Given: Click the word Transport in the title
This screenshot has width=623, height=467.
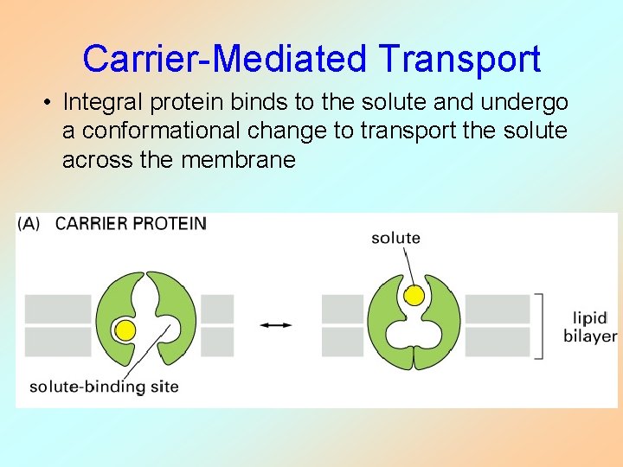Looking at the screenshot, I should pos(459,59).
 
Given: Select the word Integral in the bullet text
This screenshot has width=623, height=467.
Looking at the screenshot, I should pos(98,102).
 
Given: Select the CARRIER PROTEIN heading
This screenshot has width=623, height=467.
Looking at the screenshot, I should pos(131,224).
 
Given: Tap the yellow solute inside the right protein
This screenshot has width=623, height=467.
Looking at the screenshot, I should pos(414,296).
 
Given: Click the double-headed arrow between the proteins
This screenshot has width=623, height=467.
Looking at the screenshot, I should pos(276,325).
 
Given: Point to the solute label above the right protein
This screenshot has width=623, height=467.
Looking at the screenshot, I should pos(395,238).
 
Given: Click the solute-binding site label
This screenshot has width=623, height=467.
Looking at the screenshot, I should pos(104,387).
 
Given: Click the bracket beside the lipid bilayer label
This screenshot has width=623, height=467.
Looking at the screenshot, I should pos(541,325).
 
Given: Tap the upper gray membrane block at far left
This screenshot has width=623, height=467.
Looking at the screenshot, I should pos(57,309).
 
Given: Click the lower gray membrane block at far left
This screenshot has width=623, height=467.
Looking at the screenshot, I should pos(57,342).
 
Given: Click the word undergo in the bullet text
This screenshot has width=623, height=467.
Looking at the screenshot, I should pos(527,102).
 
